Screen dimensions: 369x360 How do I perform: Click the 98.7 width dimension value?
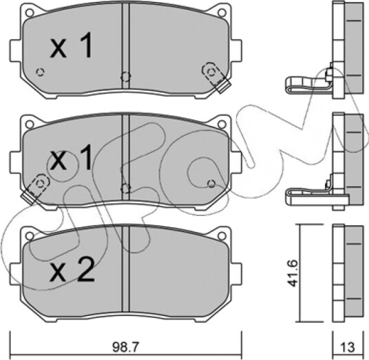[x=126, y=347]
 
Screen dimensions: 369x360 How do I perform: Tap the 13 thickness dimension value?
[x=348, y=347]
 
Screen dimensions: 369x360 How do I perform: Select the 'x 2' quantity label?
[x=72, y=269]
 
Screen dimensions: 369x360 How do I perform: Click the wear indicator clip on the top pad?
[x=215, y=77]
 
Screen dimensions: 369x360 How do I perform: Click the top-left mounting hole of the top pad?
[x=29, y=12]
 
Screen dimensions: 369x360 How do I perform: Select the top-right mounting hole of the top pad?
[x=222, y=12]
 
